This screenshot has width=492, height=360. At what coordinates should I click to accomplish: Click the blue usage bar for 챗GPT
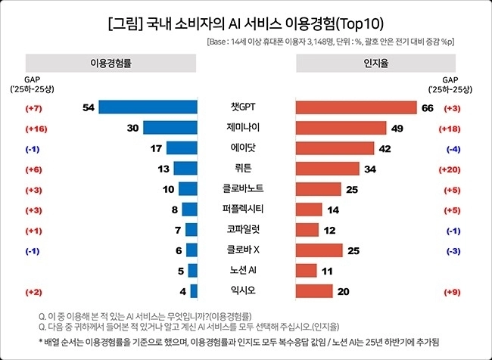click(x=148, y=107)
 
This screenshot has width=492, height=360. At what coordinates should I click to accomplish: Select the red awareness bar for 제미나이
click(x=341, y=128)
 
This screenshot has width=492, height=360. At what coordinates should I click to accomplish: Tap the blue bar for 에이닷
click(x=182, y=148)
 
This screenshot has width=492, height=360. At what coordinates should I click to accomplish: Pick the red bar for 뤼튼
click(x=328, y=169)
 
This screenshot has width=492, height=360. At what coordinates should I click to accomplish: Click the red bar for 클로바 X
click(x=319, y=250)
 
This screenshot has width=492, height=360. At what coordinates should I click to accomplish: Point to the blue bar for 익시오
click(x=194, y=291)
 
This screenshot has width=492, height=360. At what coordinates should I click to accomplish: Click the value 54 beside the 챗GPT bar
click(x=89, y=108)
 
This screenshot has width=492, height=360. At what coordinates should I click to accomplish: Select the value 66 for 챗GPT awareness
click(x=428, y=108)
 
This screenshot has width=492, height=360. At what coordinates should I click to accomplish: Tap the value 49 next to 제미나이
click(x=397, y=129)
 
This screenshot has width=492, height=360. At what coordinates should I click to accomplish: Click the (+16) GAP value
click(x=36, y=129)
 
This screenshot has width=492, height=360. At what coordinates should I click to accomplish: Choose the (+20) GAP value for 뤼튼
click(x=450, y=170)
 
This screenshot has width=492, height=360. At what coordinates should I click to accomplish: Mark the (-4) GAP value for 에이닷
click(x=453, y=150)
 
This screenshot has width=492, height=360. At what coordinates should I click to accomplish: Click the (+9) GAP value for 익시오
click(x=452, y=292)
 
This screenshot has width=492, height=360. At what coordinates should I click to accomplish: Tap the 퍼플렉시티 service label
click(x=243, y=209)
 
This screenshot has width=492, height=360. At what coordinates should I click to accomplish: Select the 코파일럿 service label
click(x=243, y=230)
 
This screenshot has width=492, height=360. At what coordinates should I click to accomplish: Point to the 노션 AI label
click(x=243, y=270)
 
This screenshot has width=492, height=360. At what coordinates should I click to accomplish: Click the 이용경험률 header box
click(x=111, y=63)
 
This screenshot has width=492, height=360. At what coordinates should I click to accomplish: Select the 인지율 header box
click(x=376, y=63)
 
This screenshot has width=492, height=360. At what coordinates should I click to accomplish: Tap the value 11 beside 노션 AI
click(x=327, y=271)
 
